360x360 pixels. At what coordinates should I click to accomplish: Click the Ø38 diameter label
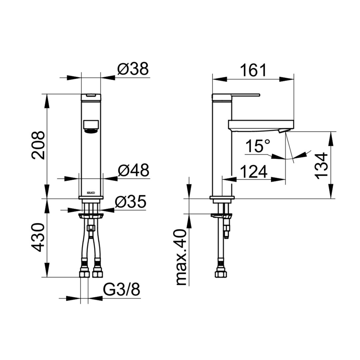pyautogui.click(x=133, y=69)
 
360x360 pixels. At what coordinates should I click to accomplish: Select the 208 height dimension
pyautogui.click(x=38, y=145)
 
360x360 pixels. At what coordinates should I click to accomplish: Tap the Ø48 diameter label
pyautogui.click(x=134, y=170)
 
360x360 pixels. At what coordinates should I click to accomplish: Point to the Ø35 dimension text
pyautogui.click(x=131, y=201)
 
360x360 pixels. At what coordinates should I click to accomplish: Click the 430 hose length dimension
pyautogui.click(x=38, y=237)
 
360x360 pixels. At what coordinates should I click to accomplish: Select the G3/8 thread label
pyautogui.click(x=121, y=290)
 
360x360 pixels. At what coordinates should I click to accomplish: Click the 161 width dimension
pyautogui.click(x=253, y=70)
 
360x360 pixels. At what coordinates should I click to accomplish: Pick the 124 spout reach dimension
pyautogui.click(x=254, y=172)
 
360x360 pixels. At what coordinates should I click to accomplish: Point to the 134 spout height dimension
pyautogui.click(x=321, y=166)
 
